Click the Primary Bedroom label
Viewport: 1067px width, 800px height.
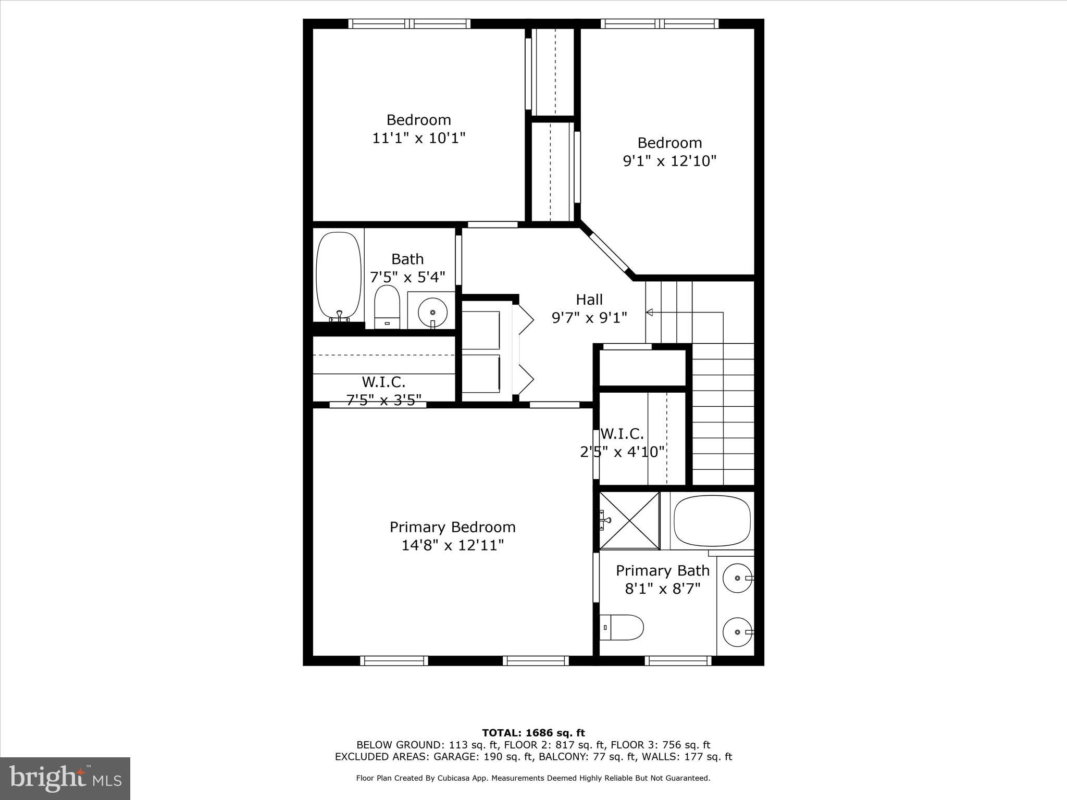[x=452, y=527]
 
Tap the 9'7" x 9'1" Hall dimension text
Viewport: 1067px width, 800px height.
[x=589, y=318]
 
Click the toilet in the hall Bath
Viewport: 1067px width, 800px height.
[x=387, y=307]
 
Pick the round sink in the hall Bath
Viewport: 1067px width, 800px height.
[x=432, y=312]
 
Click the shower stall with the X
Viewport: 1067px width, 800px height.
[x=629, y=520]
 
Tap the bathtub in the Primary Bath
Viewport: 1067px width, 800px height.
[x=712, y=521]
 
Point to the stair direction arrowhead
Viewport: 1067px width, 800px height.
[x=649, y=312]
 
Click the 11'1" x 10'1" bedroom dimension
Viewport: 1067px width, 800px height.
[x=418, y=139]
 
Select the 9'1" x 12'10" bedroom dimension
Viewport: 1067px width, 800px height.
[x=669, y=161]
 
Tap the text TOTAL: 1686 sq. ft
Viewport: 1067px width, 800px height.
[x=533, y=733]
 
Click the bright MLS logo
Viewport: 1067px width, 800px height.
[x=65, y=778]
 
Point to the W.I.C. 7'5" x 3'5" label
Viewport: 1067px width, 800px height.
[x=383, y=391]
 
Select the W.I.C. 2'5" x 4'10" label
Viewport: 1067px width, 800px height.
[x=622, y=443]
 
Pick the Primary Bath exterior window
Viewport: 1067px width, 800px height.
[x=678, y=660]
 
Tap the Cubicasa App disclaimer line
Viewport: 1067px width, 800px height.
[x=533, y=778]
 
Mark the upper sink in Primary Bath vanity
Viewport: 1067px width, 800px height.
[x=738, y=578]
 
